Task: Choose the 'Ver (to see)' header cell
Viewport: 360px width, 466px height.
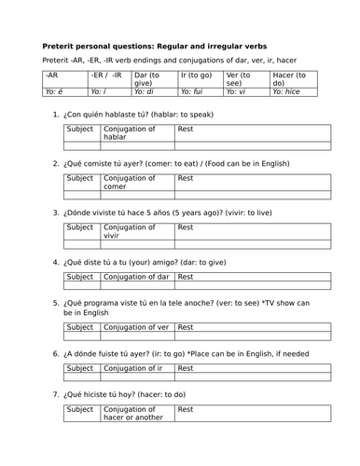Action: (x=244, y=77)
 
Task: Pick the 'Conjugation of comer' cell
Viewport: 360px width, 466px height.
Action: (x=135, y=182)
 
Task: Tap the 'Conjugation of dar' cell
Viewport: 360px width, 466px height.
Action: (x=135, y=277)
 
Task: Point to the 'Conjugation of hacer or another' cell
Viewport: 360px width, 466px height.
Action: (x=135, y=415)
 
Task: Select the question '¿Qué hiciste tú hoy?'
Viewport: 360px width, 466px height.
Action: (x=121, y=395)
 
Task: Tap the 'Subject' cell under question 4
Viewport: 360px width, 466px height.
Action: (x=80, y=277)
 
